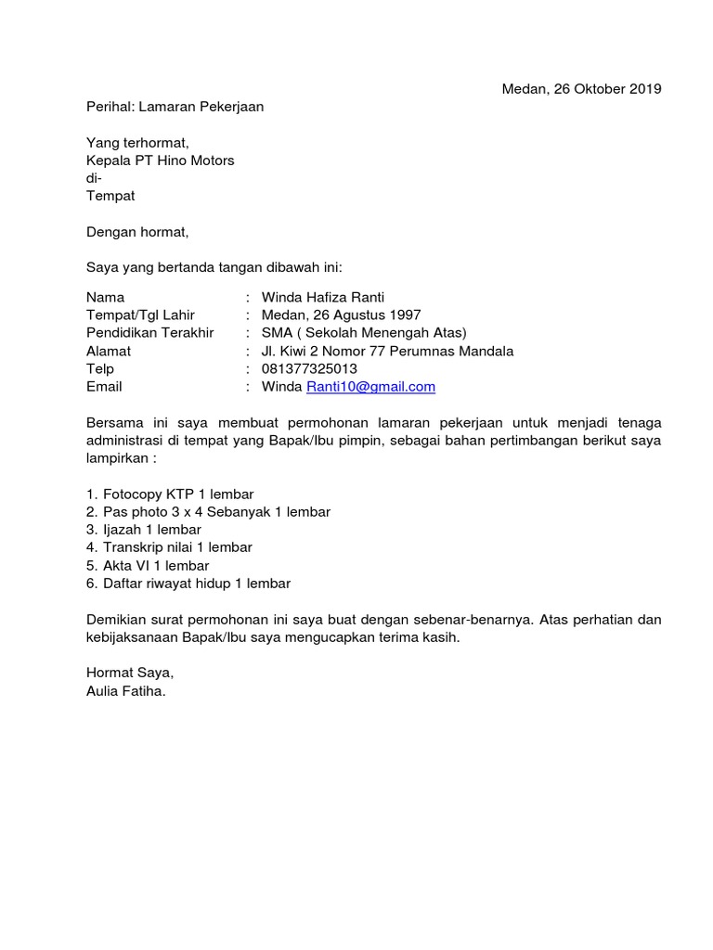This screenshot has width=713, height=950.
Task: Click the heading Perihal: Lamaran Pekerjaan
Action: point(175,107)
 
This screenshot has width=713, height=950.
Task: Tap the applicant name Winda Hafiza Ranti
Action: point(323,298)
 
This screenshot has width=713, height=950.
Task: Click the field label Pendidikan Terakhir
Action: point(149,333)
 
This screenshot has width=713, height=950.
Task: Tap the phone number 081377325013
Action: point(309,368)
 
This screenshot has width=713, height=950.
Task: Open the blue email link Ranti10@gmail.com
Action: point(370,387)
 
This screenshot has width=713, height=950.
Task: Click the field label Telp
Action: point(100,368)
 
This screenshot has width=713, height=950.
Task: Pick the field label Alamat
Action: point(109,351)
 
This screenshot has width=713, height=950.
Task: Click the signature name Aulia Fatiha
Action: point(125,690)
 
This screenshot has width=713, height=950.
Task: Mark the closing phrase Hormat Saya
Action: point(129,673)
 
